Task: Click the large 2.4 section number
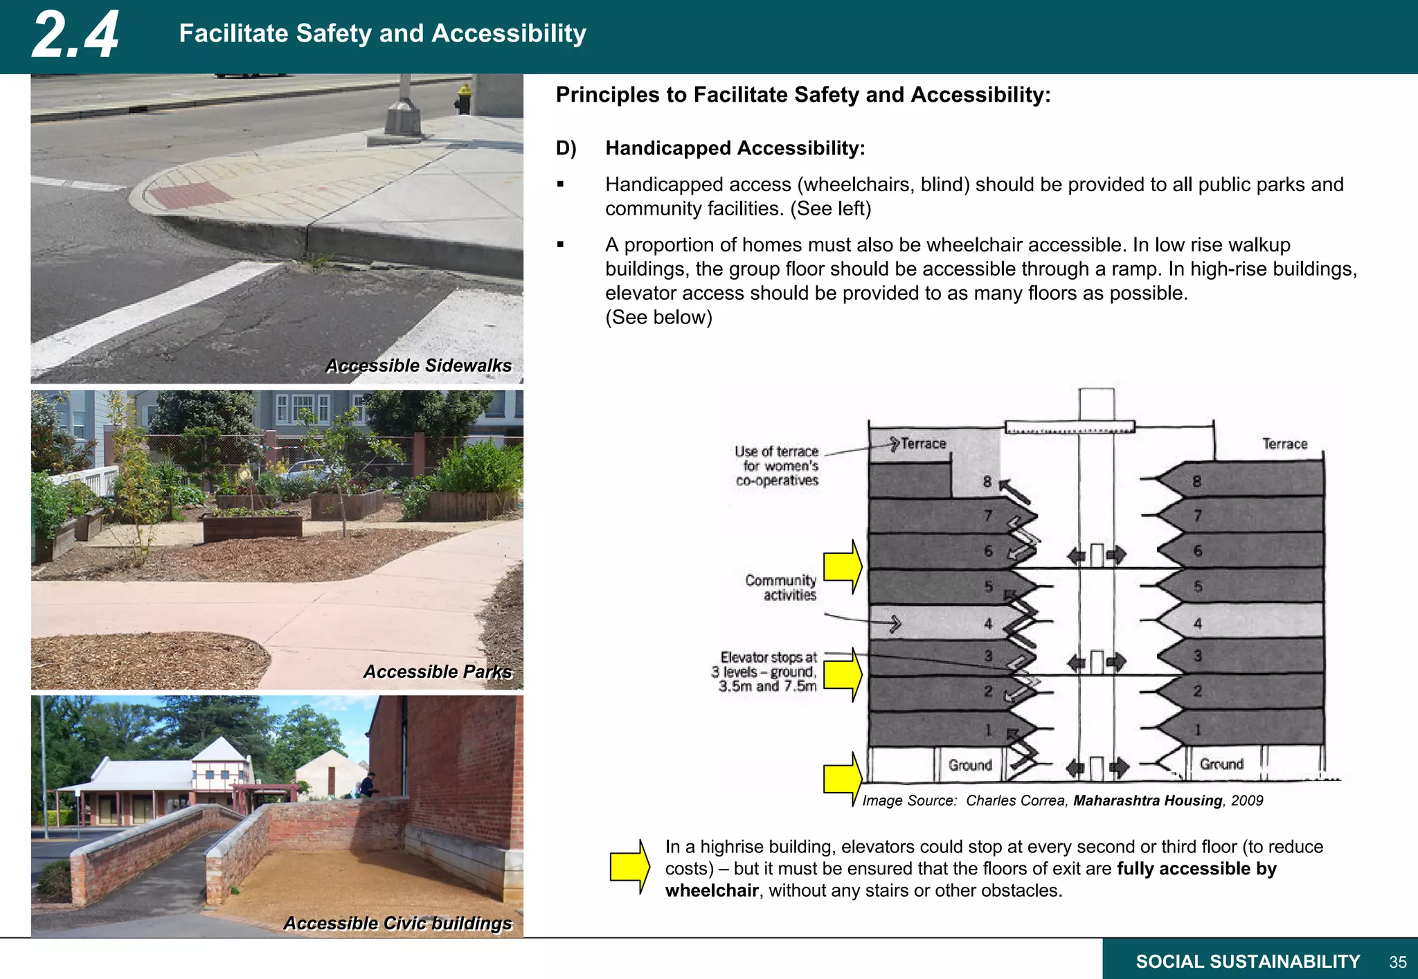coord(75,35)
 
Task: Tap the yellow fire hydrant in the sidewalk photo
coord(463,99)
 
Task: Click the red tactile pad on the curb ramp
coord(190,195)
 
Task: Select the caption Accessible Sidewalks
coord(418,366)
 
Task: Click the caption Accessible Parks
coord(438,672)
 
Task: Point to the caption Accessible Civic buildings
coord(397,923)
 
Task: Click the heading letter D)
coord(566,148)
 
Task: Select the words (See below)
coord(658,317)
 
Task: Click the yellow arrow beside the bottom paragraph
coord(629,867)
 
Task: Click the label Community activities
coord(781,587)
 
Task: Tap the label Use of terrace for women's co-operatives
coord(777,466)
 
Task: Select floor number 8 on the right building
coord(1196,481)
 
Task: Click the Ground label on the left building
coord(969,765)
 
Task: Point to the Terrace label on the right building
coord(1284,444)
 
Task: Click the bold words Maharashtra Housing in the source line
coord(1147,800)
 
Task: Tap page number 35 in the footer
coord(1397,962)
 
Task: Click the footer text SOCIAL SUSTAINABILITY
coord(1248,962)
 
